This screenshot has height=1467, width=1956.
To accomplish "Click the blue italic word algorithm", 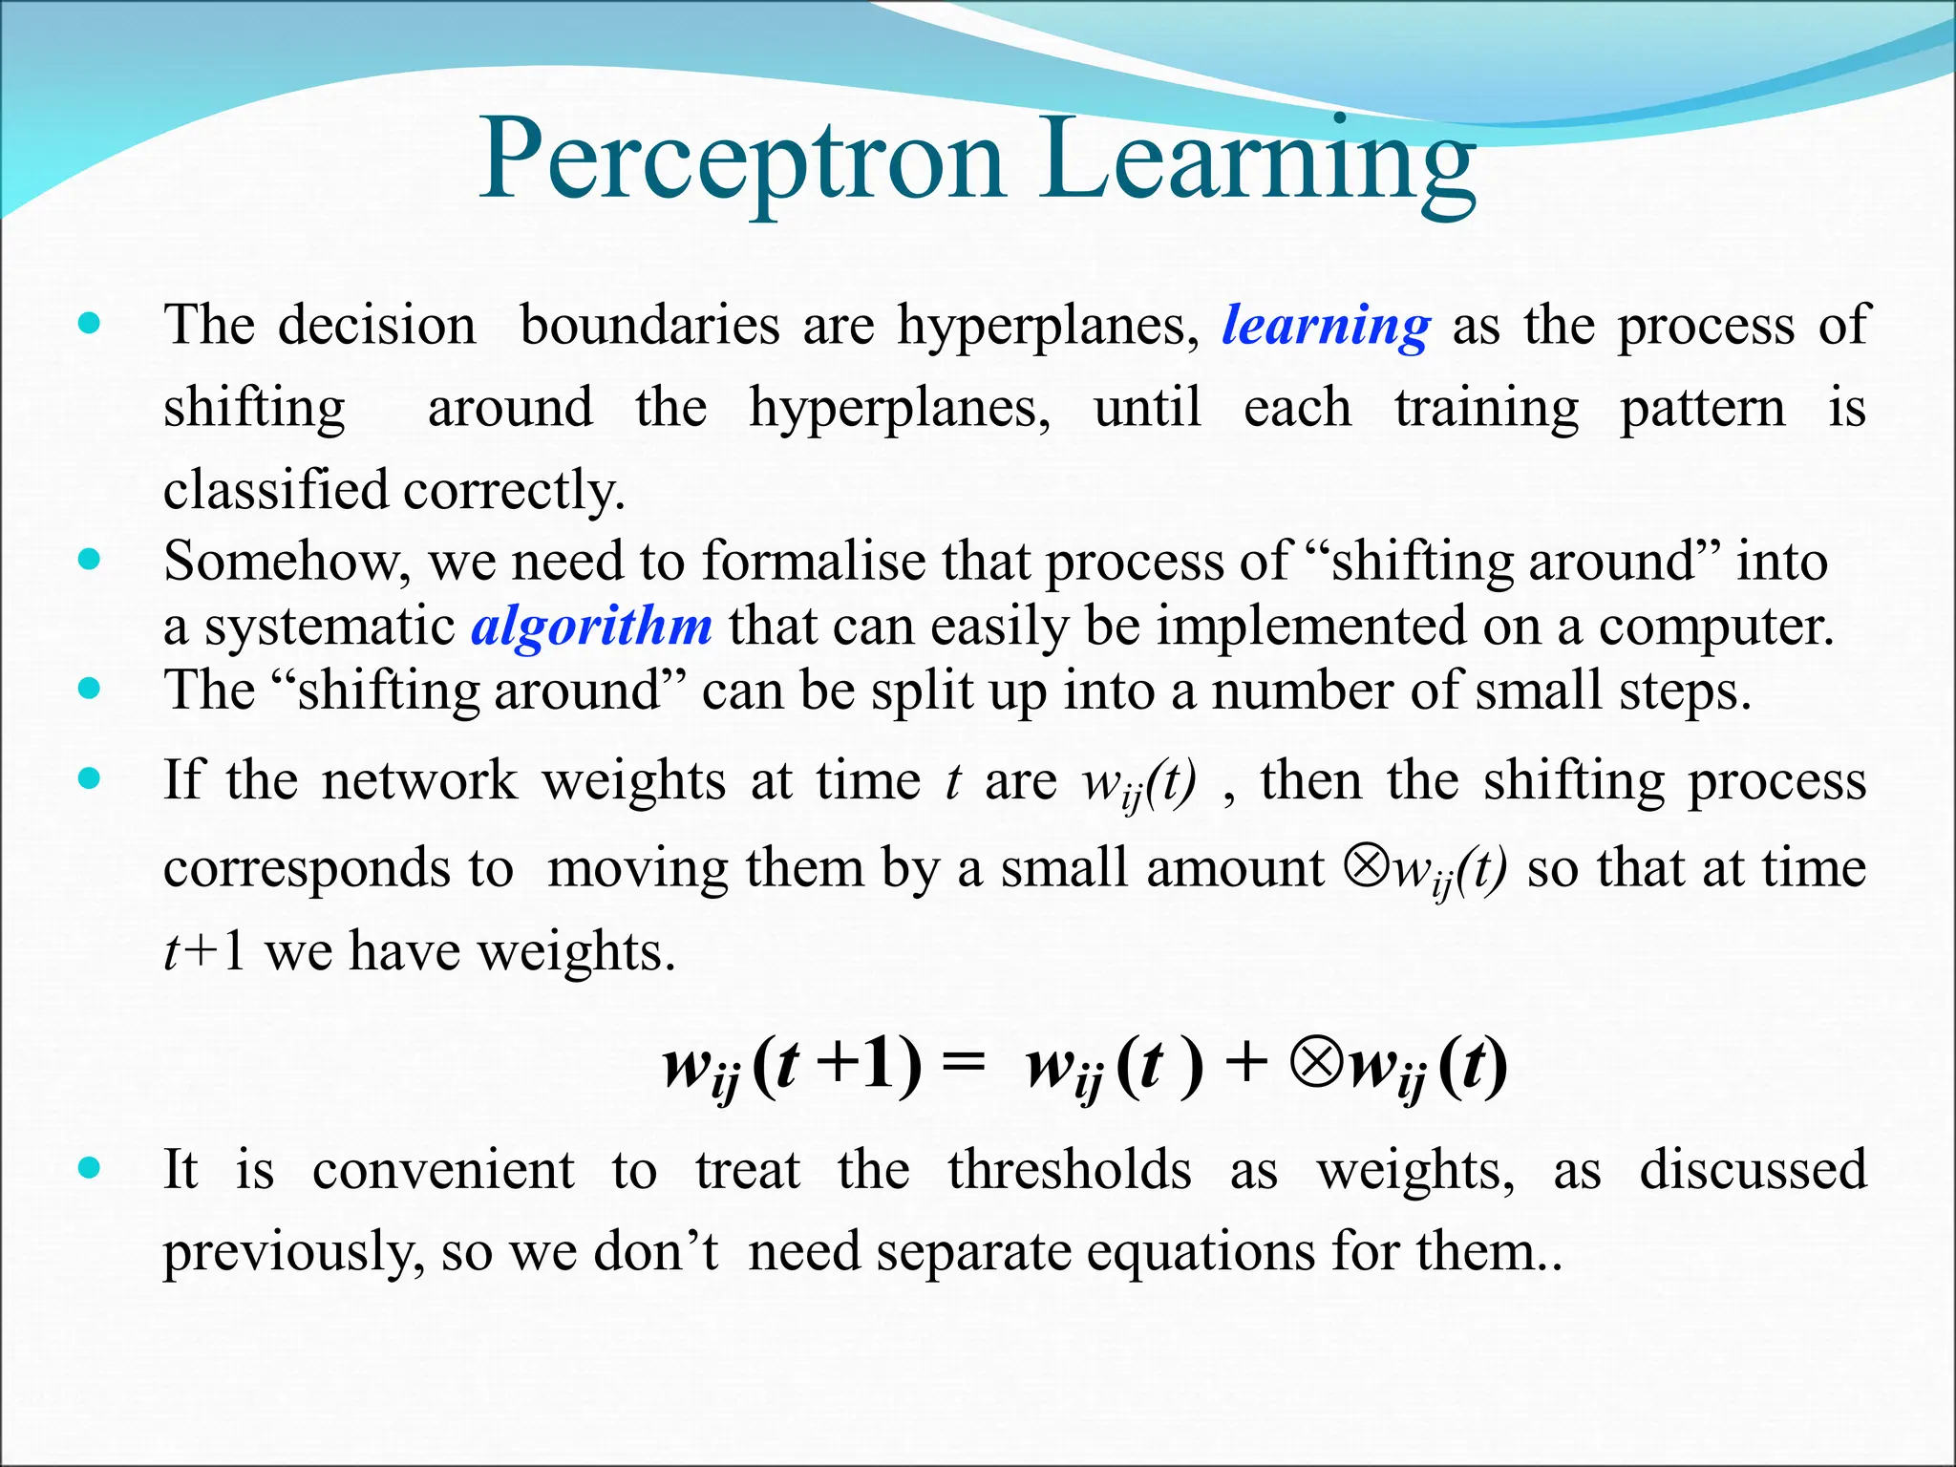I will click(x=591, y=627).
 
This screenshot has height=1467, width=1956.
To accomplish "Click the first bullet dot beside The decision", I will click(x=89, y=324).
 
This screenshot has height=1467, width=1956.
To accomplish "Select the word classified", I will click(x=275, y=490).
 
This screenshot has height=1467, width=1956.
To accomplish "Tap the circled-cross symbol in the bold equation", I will click(x=1315, y=1063).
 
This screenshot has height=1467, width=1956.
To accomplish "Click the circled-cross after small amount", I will click(x=1366, y=865).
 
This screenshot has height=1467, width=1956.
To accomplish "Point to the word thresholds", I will click(x=1069, y=1170).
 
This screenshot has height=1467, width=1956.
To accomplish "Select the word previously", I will click(x=293, y=1253).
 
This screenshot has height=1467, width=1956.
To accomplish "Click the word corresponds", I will click(x=305, y=869).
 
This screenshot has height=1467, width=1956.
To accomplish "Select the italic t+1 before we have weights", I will click(x=203, y=952).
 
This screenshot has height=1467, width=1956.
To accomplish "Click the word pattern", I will click(x=1702, y=409).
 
